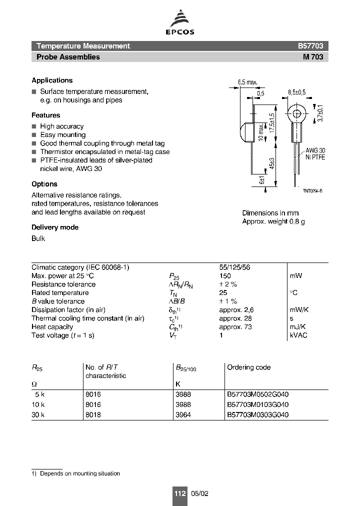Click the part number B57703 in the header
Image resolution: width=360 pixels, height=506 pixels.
coord(310,46)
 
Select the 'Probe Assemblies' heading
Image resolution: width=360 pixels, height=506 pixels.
coord(68,57)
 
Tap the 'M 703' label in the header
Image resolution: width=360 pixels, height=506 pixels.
coord(313,57)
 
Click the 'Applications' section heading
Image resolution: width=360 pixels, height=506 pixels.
coord(52,80)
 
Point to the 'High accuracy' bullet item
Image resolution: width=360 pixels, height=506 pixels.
coord(61,126)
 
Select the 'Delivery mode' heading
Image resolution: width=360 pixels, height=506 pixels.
coord(55,227)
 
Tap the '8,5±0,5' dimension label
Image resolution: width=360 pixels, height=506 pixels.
coord(297,92)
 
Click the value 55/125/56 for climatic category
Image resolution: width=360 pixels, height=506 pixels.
coord(235,267)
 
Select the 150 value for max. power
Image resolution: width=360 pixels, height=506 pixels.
coord(225,276)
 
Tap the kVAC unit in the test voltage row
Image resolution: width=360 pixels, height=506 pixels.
coord(298,335)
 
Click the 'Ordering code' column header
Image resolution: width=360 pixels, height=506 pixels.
coord(248,367)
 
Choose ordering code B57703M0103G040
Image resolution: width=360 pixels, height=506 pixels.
coord(257,404)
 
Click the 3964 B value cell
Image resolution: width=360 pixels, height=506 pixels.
coord(183,415)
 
